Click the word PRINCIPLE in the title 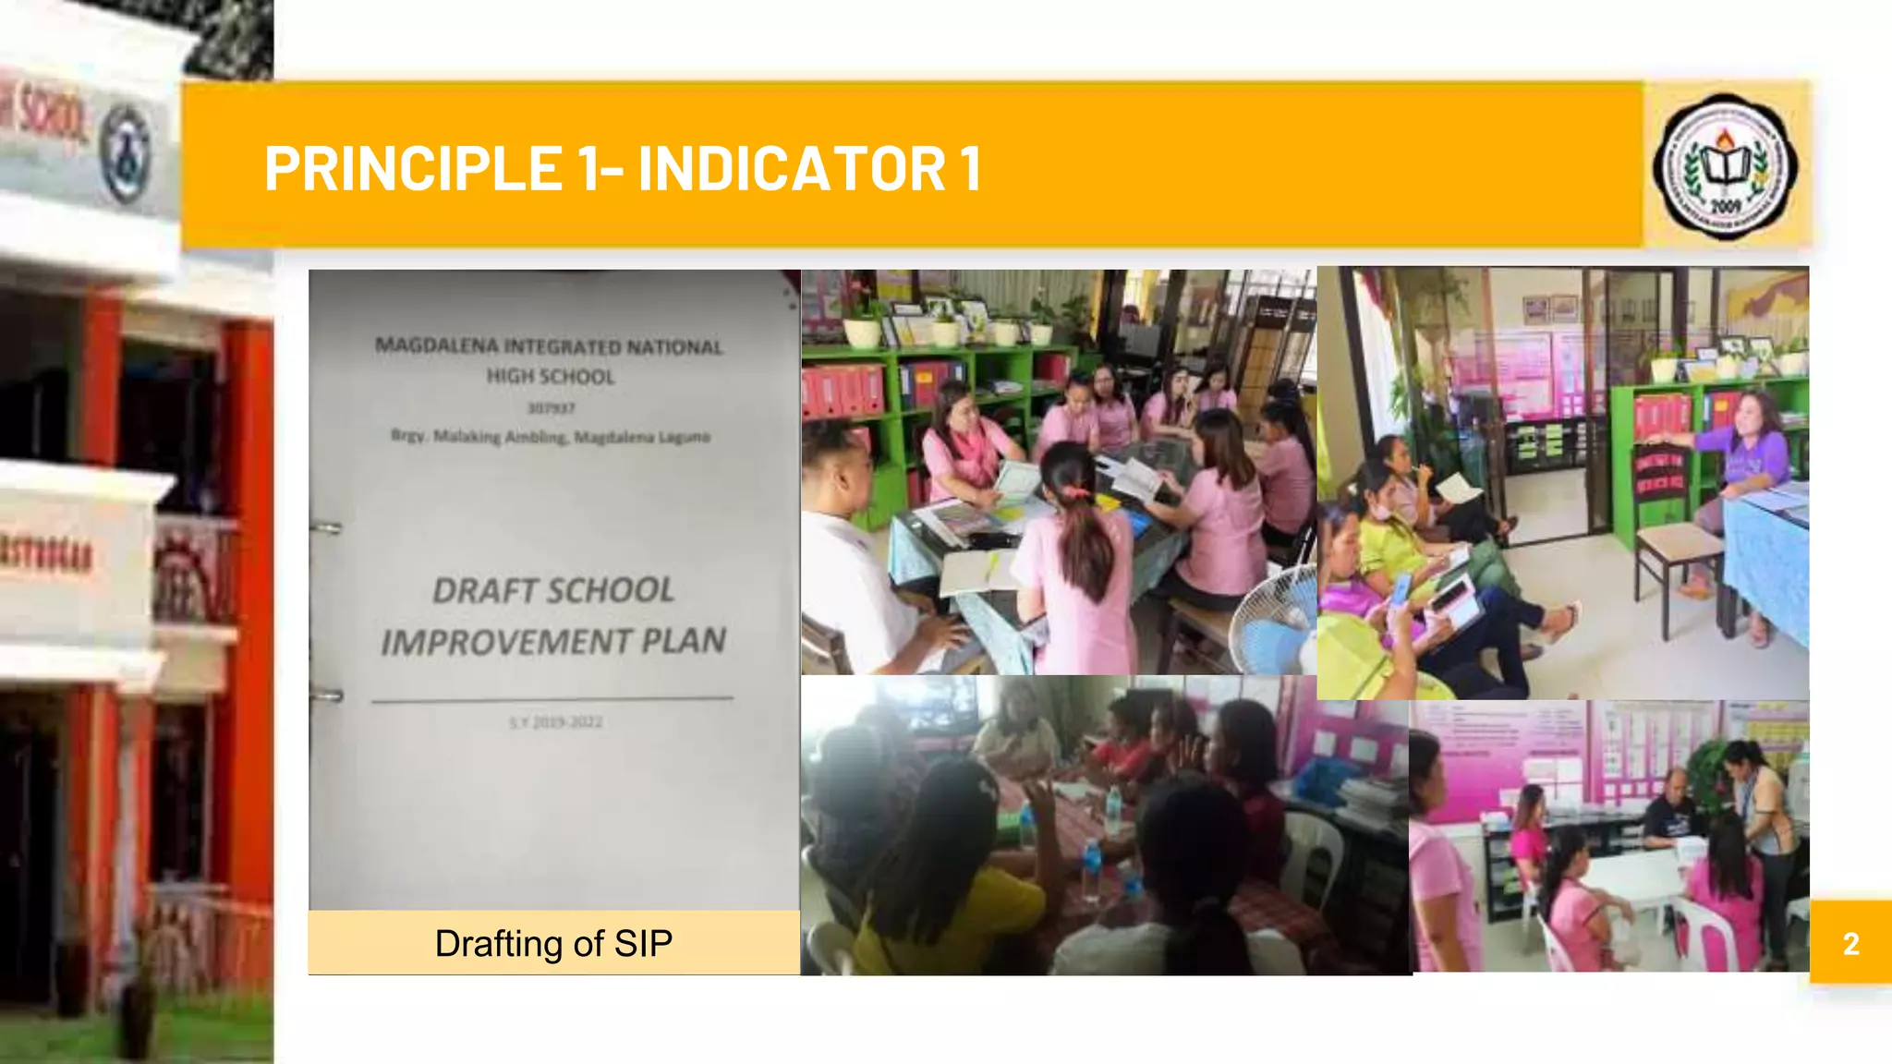(x=413, y=168)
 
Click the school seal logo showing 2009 (x=1724, y=167)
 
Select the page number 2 (x=1850, y=943)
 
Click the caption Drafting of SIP (x=553, y=943)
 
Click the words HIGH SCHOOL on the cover (x=551, y=377)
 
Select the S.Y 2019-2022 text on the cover (x=555, y=722)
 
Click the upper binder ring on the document (x=326, y=528)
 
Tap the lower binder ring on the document (x=326, y=695)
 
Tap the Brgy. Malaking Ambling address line (x=551, y=437)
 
